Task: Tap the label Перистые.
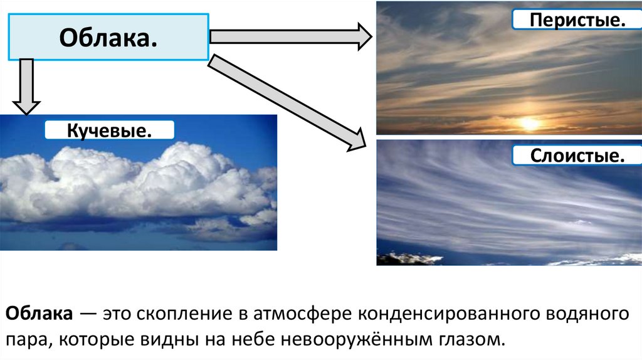coord(569,19)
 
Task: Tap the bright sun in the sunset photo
coord(530,124)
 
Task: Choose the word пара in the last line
coord(23,341)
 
